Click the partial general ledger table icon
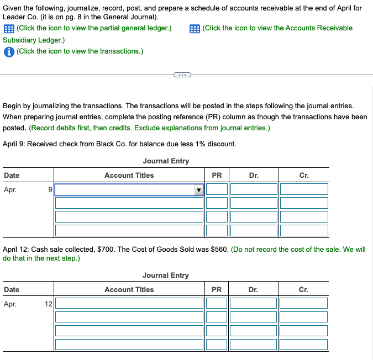tap(8, 28)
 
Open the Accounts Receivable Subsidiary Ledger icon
tap(194, 28)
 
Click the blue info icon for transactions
tap(8, 51)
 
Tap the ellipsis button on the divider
tap(182, 75)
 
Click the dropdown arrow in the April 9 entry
tap(198, 190)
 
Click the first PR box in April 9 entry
tap(217, 190)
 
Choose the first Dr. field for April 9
tap(254, 190)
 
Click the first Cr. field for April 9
tap(304, 190)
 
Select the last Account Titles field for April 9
tap(129, 230)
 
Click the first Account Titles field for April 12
tap(129, 303)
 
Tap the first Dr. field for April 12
tap(254, 303)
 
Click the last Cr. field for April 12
tap(304, 344)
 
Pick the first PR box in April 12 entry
tap(217, 303)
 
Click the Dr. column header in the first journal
tap(254, 175)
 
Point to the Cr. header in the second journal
tap(304, 289)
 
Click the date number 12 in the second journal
tap(49, 303)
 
